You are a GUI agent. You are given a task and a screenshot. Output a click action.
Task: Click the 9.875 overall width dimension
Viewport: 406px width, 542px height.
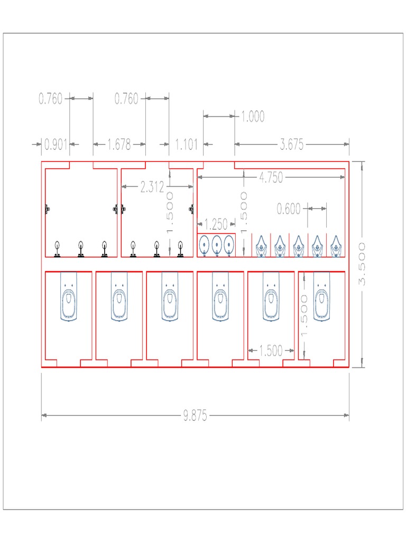[x=195, y=416]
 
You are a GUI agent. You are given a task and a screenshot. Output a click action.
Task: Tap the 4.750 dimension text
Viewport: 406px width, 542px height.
[x=271, y=178]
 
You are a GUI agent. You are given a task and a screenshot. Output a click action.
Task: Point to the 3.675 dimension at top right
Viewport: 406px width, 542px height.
[x=292, y=144]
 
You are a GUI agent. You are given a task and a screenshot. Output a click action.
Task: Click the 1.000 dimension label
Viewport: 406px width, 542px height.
[x=253, y=116]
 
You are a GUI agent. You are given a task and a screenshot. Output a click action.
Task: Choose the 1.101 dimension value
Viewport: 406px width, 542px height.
[x=186, y=144]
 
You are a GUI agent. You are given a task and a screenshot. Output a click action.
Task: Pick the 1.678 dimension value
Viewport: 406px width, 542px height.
[x=119, y=144]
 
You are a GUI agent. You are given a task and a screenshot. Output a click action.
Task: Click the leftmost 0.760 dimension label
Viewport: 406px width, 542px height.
[x=51, y=98]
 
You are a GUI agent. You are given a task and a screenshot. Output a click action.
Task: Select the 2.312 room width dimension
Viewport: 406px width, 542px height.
[x=152, y=187]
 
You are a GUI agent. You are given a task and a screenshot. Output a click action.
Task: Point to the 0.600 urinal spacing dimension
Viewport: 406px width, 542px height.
[x=289, y=209]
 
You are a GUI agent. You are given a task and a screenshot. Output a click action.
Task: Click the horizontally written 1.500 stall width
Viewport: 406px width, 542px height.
[x=271, y=351]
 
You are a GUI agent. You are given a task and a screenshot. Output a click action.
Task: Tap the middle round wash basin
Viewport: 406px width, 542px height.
[x=216, y=245]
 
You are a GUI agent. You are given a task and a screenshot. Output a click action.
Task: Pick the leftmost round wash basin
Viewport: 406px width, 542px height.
[x=204, y=245]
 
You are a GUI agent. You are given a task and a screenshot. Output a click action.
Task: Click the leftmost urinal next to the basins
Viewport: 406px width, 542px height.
[x=261, y=246]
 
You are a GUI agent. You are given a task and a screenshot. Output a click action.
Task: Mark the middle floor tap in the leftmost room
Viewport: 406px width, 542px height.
[x=81, y=249]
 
